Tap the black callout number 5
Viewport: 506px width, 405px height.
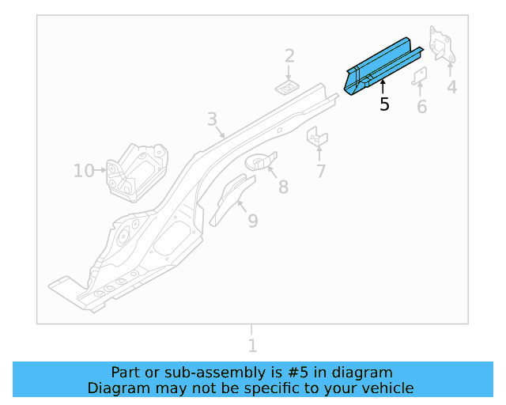[x=384, y=104]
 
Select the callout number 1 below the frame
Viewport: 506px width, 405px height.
[x=252, y=346]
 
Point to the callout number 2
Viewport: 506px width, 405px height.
[x=289, y=55]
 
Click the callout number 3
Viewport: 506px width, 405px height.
[x=212, y=119]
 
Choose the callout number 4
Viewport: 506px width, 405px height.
[x=451, y=87]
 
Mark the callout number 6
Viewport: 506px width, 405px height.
[x=421, y=107]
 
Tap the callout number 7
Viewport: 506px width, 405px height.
[x=321, y=171]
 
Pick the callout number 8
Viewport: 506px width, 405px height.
[x=283, y=187]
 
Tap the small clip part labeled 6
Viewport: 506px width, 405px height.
[x=420, y=75]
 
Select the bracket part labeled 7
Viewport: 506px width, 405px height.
[x=317, y=136]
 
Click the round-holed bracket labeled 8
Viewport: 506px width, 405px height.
[x=262, y=161]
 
